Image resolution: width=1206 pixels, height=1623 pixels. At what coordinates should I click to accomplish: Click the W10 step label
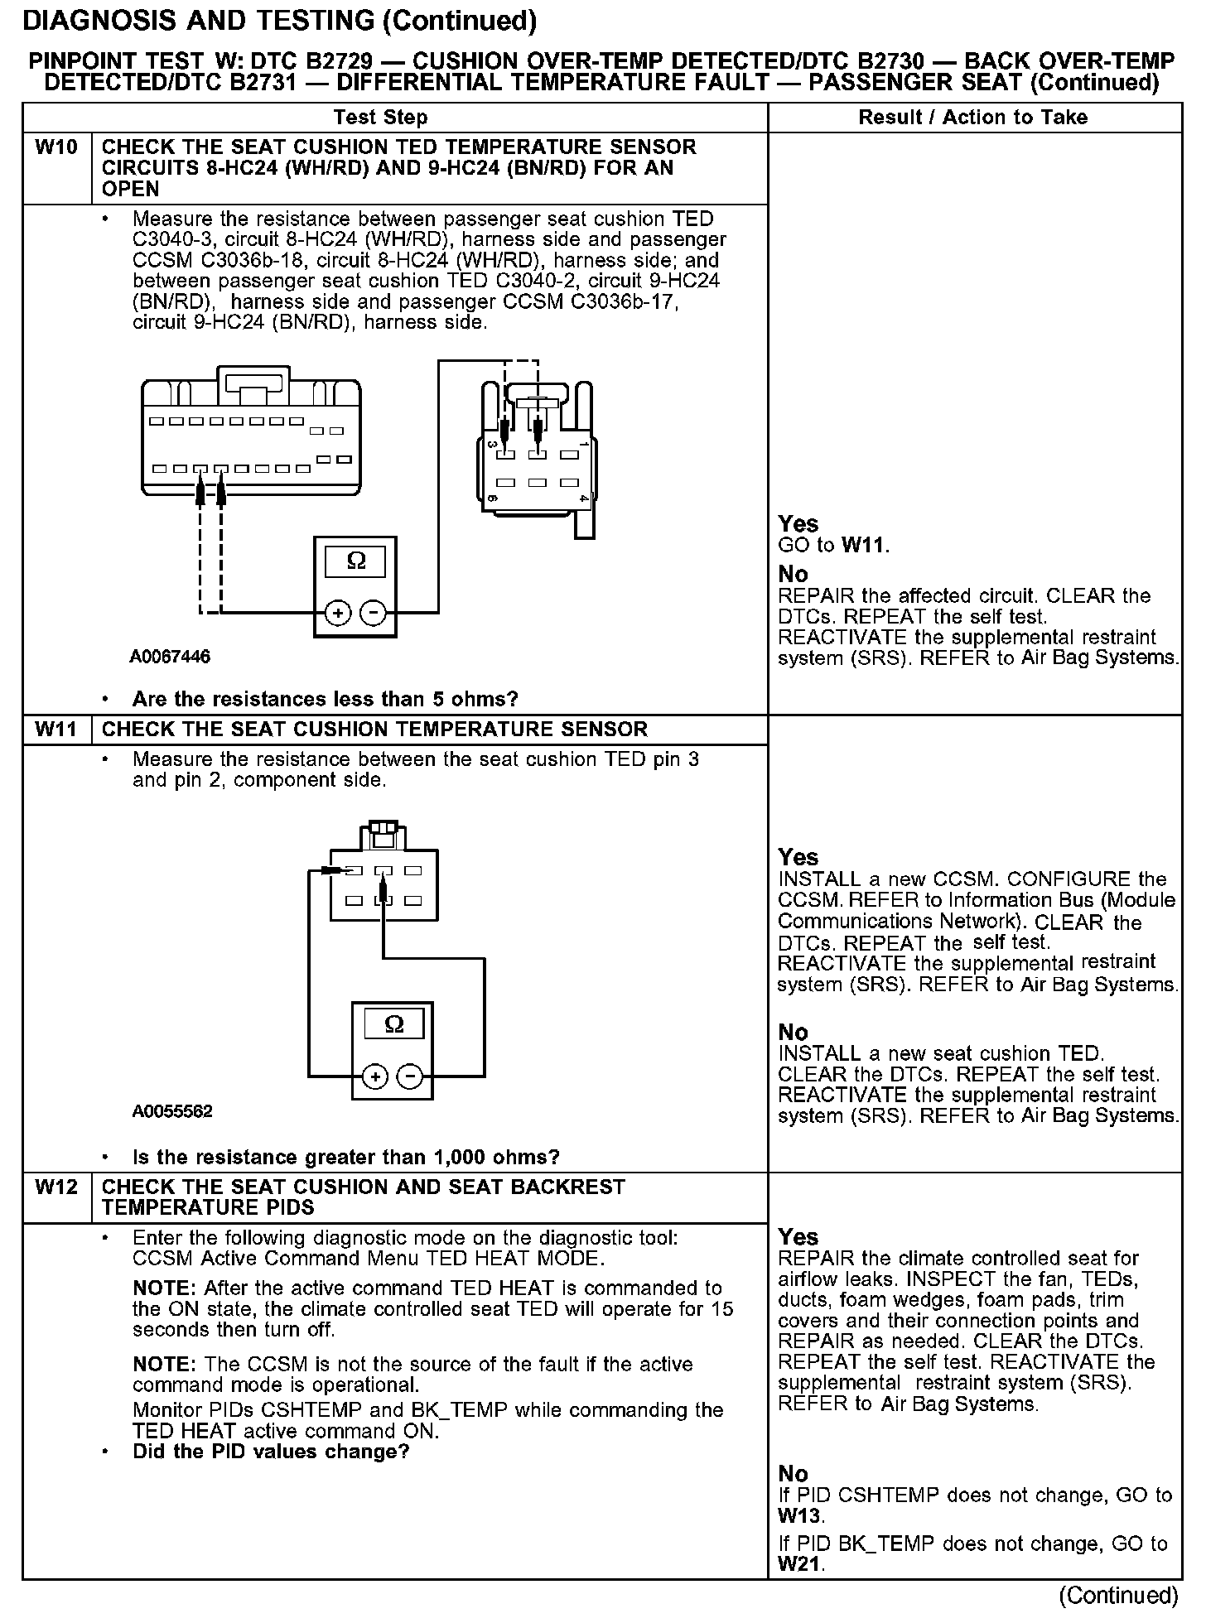coord(56,147)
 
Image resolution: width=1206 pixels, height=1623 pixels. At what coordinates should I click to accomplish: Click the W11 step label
coord(56,730)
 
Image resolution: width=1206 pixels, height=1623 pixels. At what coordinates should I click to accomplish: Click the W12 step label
coord(56,1187)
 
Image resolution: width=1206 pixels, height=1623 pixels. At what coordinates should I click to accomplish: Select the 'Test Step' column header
coord(380,118)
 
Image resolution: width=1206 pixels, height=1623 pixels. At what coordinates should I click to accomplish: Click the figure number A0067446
coord(170,657)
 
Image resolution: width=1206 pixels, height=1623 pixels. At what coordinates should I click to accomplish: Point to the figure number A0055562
coord(172,1111)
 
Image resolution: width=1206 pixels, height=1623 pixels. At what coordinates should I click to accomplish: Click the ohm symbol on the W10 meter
coord(355,561)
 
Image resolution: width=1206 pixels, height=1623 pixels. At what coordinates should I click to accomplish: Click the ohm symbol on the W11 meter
coord(394,1025)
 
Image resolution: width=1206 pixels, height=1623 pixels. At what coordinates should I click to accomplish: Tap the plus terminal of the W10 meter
coord(337,613)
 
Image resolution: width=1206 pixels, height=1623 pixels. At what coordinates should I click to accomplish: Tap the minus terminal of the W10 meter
coord(374,613)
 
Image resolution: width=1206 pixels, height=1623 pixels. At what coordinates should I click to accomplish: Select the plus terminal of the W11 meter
coord(375,1076)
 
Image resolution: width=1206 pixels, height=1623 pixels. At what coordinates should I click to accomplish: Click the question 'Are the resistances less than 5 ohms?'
coord(325,700)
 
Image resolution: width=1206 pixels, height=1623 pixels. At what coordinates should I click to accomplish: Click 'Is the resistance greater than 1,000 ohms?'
coord(345,1157)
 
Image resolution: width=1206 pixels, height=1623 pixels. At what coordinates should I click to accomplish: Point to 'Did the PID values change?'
coord(271,1452)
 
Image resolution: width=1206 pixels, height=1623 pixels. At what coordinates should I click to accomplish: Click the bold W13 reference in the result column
coord(799,1516)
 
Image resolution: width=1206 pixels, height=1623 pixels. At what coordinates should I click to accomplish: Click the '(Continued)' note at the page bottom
coord(1117,1595)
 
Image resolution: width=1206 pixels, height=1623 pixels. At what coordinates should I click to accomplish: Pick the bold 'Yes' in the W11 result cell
coord(798,857)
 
